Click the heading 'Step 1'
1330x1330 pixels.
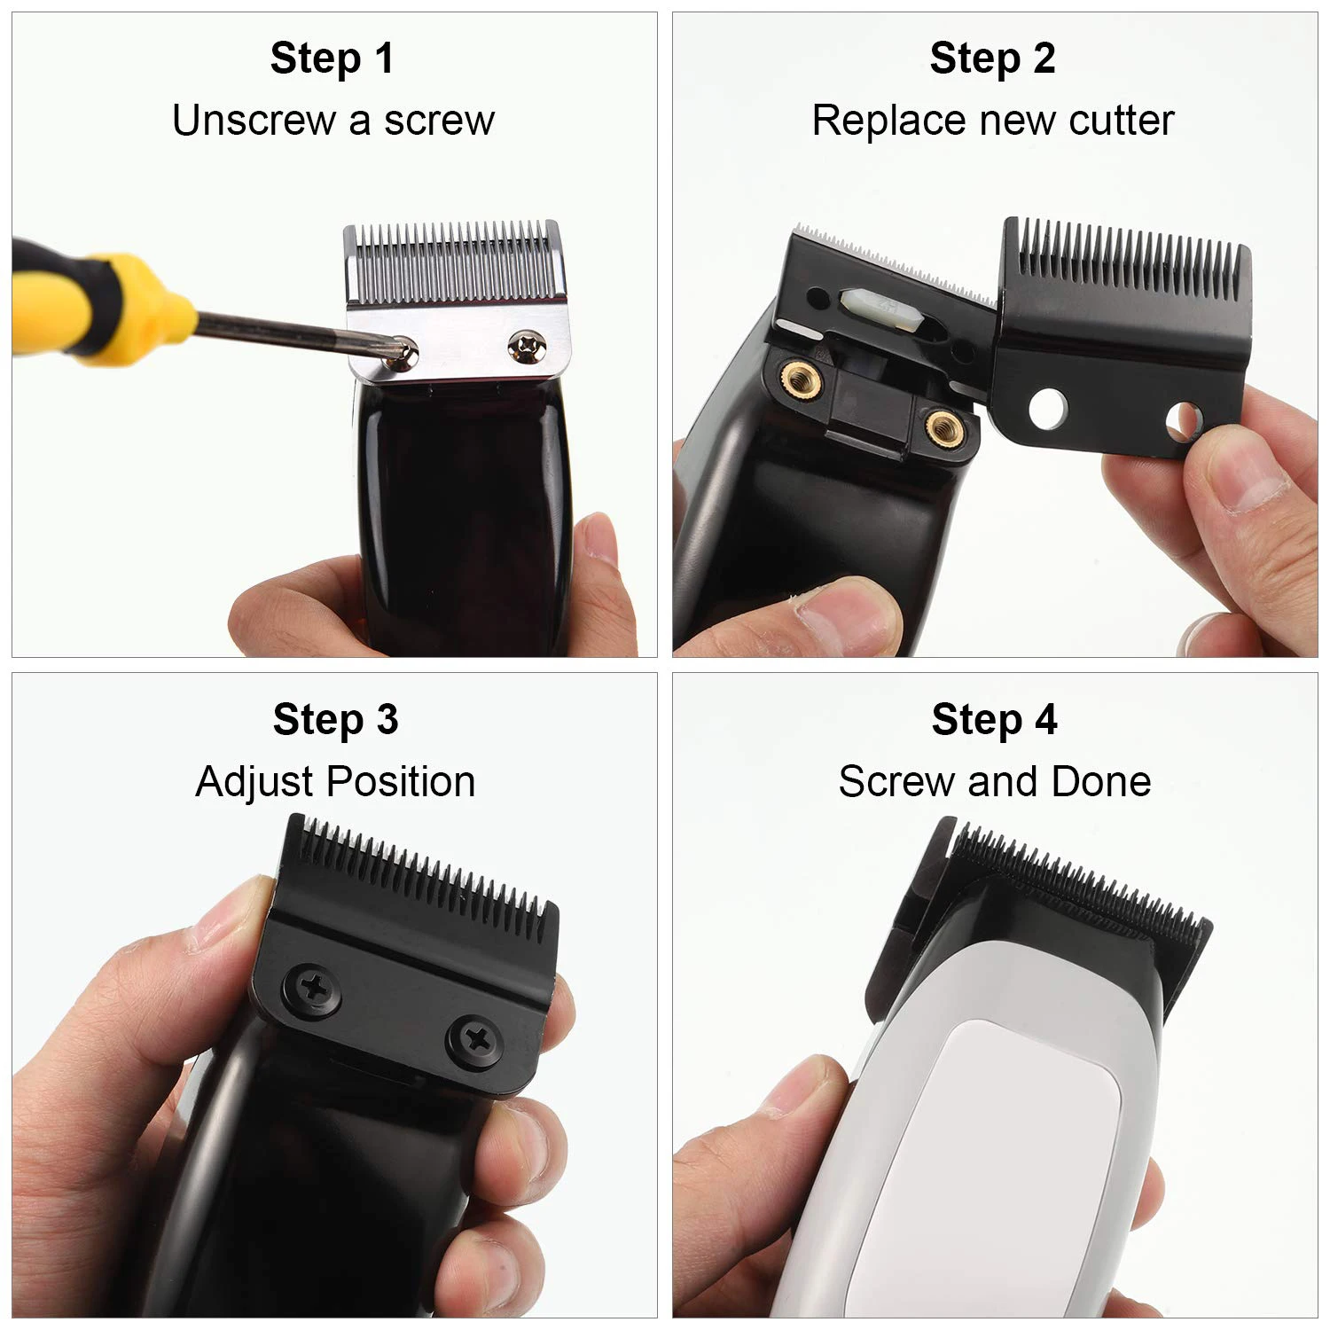332,59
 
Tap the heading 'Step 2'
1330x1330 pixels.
992,59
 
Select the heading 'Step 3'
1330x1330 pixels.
335,719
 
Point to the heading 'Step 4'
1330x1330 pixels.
994,719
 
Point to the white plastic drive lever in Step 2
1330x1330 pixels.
873,308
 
